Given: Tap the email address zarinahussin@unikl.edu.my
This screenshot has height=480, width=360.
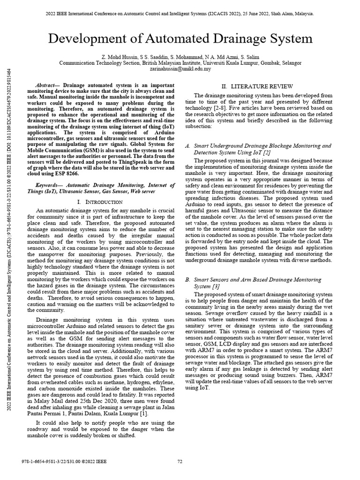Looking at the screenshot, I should (180, 68).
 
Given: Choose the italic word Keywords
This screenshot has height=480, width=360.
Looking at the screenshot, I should (48, 186).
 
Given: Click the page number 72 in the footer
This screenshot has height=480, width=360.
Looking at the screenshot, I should (180, 462).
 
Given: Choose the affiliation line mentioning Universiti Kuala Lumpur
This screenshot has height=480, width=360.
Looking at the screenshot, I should (180, 62).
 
